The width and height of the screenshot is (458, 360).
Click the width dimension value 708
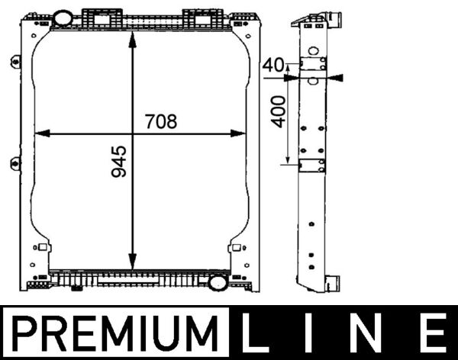pos(160,121)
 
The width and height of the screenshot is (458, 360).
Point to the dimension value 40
pos(272,66)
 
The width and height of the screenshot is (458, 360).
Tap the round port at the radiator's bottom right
pos(218,283)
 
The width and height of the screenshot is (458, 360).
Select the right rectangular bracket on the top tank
pos(200,16)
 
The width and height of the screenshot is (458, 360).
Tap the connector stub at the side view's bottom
pos(332,283)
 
